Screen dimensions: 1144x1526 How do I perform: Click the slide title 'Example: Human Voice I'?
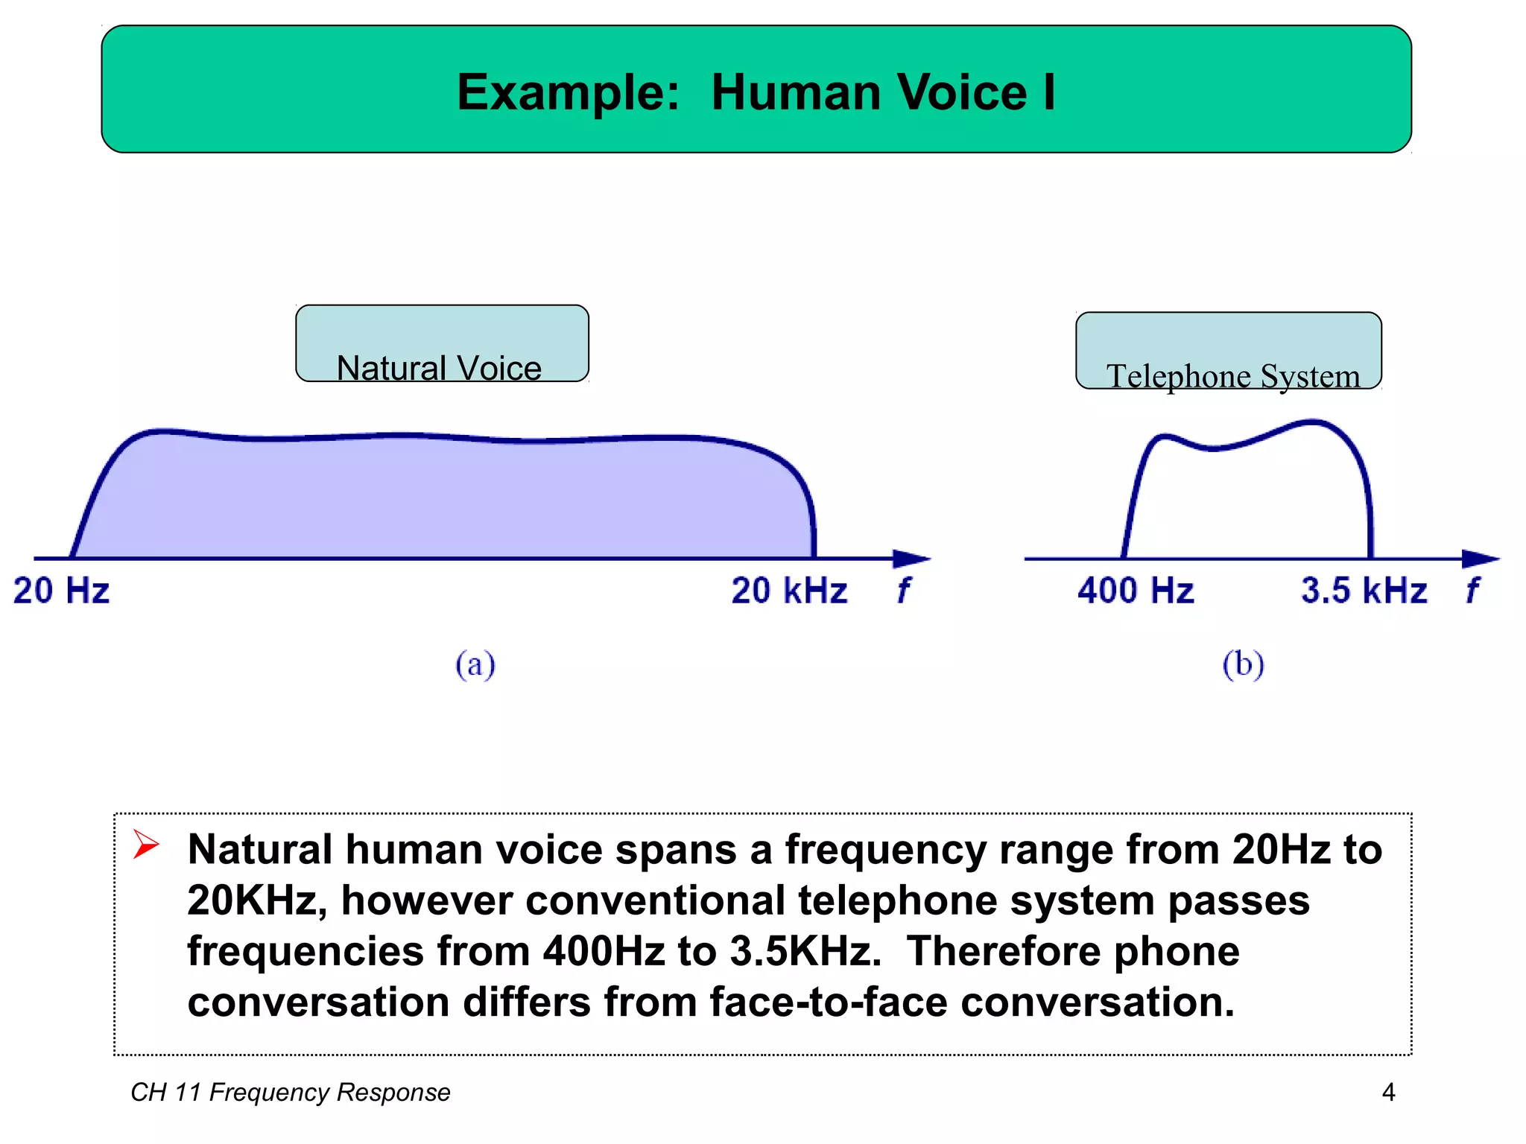click(756, 92)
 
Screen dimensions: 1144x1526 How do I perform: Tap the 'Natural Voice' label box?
click(442, 344)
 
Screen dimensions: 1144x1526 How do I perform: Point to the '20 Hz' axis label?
click(62, 591)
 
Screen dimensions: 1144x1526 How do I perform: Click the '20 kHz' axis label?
click(789, 591)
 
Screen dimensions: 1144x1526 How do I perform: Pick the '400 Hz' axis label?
click(1136, 591)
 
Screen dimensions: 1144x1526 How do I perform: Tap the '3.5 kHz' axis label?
click(1364, 591)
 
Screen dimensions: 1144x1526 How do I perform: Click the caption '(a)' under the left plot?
click(475, 664)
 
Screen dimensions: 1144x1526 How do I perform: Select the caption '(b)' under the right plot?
click(1243, 664)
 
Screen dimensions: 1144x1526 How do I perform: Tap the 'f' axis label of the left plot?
click(903, 591)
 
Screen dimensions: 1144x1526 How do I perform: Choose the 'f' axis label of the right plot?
click(1472, 591)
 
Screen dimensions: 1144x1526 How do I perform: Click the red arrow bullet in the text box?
click(146, 845)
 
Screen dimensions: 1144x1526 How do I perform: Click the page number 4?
click(1388, 1092)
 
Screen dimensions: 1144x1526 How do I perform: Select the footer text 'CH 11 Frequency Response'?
click(291, 1092)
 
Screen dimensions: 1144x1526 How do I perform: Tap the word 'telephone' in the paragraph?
click(898, 900)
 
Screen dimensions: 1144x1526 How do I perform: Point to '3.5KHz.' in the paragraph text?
click(805, 951)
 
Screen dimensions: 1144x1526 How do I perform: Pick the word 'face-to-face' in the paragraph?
click(828, 1002)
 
